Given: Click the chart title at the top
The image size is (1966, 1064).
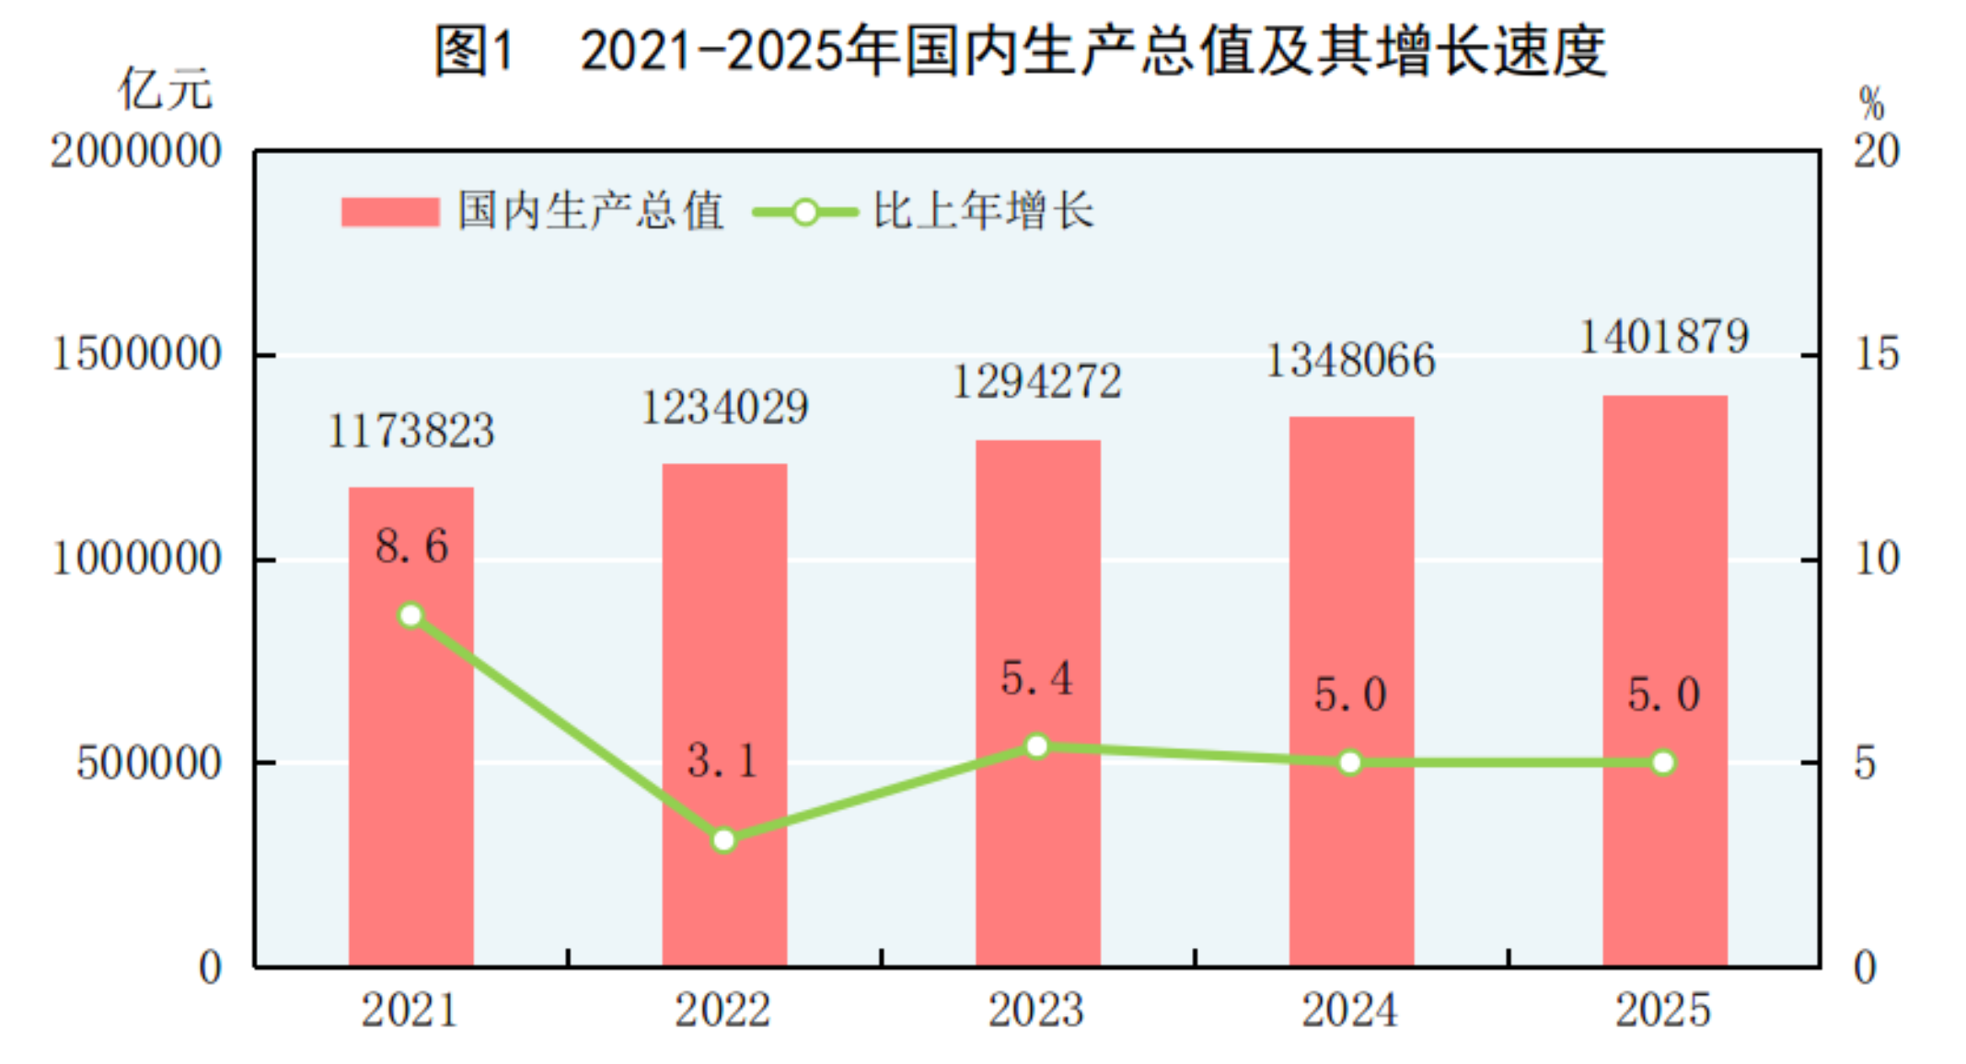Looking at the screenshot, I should click(x=1020, y=50).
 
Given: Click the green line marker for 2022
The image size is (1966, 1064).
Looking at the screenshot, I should click(x=724, y=839).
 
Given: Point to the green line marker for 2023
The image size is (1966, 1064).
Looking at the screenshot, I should click(x=1037, y=746).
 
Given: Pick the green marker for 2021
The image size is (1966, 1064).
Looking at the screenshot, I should click(x=411, y=615).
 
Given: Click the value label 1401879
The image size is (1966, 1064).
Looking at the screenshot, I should click(x=1664, y=337).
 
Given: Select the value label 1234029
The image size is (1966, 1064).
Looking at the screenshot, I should click(x=724, y=408).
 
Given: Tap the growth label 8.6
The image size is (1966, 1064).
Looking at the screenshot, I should click(x=411, y=547).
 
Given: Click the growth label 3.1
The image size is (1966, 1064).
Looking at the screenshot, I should click(x=723, y=761).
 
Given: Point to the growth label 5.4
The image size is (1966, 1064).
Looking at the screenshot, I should click(x=1036, y=679).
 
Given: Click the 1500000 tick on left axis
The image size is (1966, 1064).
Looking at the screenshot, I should click(x=136, y=354).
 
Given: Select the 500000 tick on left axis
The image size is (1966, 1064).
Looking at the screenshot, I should click(x=148, y=763).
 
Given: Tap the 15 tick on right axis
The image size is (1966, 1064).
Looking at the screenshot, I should click(x=1876, y=354).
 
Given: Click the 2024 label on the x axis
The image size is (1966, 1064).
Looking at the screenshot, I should click(x=1349, y=1011).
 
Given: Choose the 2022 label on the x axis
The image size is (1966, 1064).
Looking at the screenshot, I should click(x=723, y=1011).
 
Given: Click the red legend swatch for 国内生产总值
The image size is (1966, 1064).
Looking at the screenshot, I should click(x=390, y=212).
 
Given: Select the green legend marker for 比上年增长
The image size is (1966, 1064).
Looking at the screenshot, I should click(x=804, y=213).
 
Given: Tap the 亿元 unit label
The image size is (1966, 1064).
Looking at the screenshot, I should click(x=165, y=90).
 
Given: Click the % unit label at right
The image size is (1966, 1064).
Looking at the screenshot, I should click(x=1871, y=103).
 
